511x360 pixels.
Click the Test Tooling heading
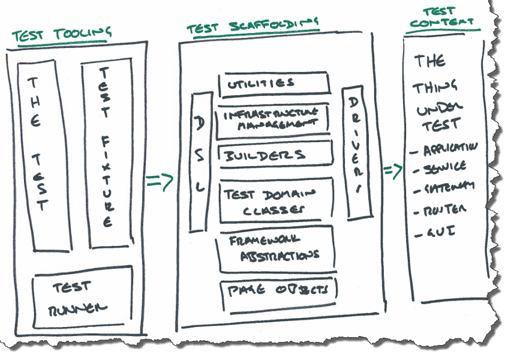(62, 33)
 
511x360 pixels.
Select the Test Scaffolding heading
(253, 25)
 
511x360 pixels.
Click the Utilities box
(275, 83)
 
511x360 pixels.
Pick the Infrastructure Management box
(275, 119)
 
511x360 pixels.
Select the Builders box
(275, 154)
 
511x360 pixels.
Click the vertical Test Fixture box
(106, 154)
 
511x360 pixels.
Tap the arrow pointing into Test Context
(393, 170)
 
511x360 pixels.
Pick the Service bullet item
(444, 168)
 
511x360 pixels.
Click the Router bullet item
(443, 210)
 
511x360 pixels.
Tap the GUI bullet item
(437, 232)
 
